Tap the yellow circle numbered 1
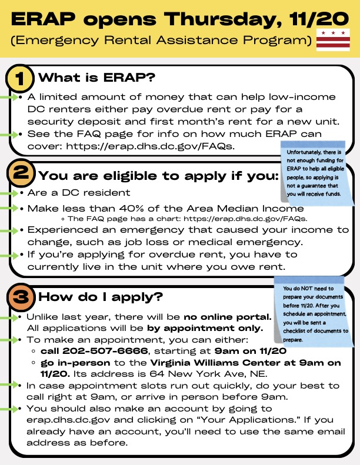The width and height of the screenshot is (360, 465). tap(20, 78)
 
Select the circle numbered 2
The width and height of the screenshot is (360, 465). tap(20, 175)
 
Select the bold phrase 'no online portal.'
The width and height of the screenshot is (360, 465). tap(226, 317)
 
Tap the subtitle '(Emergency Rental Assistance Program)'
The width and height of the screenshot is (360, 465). tap(161, 41)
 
